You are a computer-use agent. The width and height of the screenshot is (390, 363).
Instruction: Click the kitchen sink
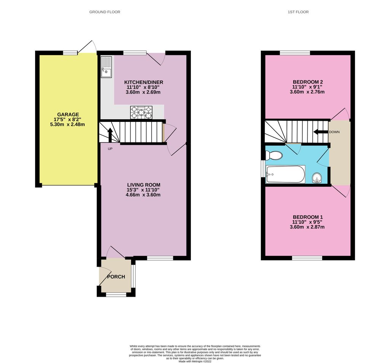pos(106,67)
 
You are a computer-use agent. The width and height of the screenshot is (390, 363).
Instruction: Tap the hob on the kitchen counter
pos(141,112)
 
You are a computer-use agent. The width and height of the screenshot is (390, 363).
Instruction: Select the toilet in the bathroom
pos(273,155)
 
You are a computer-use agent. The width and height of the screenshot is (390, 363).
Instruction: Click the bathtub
pos(285,174)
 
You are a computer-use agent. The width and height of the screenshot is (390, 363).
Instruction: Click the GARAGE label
pos(68,114)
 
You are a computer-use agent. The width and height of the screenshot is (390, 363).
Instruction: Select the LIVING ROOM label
pos(144,185)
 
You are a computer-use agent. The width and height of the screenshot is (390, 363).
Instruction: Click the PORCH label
pos(116,277)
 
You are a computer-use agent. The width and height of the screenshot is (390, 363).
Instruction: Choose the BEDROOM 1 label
pos(308,217)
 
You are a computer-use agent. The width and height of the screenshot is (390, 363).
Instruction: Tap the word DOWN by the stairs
pos(334,132)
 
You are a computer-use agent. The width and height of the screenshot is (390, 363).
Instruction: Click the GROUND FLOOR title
pos(105,12)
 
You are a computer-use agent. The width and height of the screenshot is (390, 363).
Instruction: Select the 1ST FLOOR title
pos(298,12)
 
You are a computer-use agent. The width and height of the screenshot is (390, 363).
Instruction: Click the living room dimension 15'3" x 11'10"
pos(144,190)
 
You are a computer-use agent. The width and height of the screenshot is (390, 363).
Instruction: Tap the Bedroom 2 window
pos(295,53)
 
